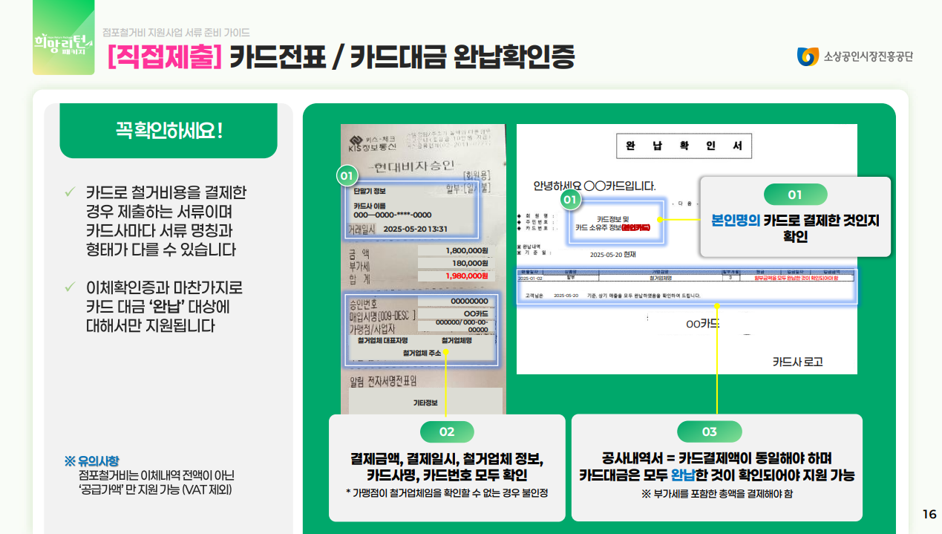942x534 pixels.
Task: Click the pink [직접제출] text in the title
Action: (x=166, y=56)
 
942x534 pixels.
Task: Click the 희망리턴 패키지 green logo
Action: (x=63, y=43)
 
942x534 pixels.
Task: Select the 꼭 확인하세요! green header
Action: (x=169, y=131)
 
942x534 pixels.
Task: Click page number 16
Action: (x=929, y=515)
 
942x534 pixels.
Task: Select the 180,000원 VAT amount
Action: (x=470, y=263)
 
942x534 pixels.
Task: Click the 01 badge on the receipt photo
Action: (x=346, y=175)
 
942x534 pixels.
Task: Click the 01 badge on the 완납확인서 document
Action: (x=569, y=199)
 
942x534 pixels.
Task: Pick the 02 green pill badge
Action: (x=447, y=432)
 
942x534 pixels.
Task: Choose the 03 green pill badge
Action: (x=710, y=432)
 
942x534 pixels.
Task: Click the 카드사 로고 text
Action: (x=797, y=362)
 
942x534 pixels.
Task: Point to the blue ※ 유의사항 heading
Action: (x=91, y=461)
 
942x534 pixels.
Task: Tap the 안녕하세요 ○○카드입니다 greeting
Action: (x=594, y=186)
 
